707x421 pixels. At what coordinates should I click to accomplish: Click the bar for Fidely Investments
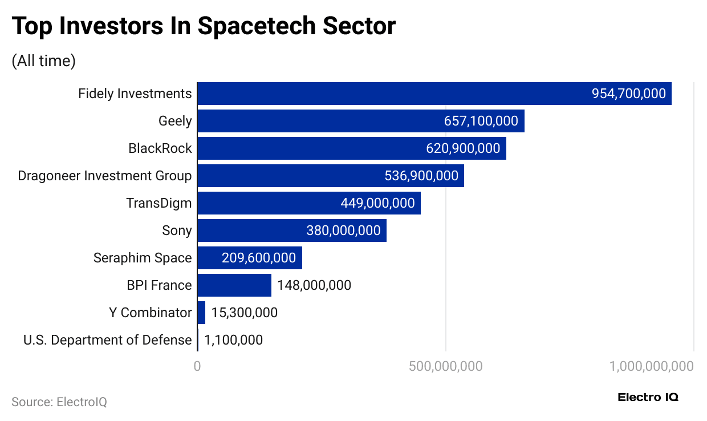tap(399, 94)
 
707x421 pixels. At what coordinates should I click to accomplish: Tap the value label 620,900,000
tap(463, 148)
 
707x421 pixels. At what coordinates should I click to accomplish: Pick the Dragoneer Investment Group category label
tap(105, 176)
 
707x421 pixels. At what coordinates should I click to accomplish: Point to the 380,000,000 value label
tap(343, 230)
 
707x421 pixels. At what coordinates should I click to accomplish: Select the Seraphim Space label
tap(143, 258)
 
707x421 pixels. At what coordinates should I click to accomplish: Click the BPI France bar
tap(234, 285)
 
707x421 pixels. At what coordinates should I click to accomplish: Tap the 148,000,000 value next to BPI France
tap(314, 285)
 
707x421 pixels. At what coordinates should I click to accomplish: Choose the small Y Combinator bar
tap(201, 313)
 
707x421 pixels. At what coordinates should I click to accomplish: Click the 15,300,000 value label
tap(244, 313)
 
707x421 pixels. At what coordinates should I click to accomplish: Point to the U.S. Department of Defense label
tap(107, 340)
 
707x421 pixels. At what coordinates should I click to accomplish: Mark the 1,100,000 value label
tap(233, 340)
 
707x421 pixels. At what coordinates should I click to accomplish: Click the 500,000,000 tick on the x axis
tap(445, 366)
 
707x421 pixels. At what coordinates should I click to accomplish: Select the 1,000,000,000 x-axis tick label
tap(652, 366)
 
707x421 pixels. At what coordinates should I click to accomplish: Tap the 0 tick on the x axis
tap(197, 366)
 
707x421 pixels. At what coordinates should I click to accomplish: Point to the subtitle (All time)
tap(43, 61)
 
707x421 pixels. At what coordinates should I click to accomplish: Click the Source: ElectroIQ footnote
tap(59, 402)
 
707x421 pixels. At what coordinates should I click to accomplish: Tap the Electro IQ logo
tap(648, 398)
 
